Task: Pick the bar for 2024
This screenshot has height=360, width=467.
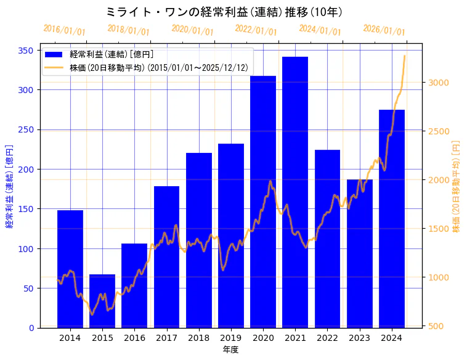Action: coord(392,219)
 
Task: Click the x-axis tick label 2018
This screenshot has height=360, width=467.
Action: coord(198,338)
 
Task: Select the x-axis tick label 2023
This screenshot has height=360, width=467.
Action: coord(359,338)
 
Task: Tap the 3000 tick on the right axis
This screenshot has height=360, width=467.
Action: coord(437,83)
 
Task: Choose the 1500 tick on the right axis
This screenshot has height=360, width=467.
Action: coord(437,229)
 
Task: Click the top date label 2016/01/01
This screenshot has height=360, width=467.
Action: coord(65,30)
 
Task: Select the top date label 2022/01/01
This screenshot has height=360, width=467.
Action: coord(256,30)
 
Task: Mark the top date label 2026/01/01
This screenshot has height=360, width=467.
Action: coord(384,30)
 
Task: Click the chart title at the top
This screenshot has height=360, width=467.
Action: coord(224,12)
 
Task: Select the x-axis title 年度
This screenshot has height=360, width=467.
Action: coord(230,350)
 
